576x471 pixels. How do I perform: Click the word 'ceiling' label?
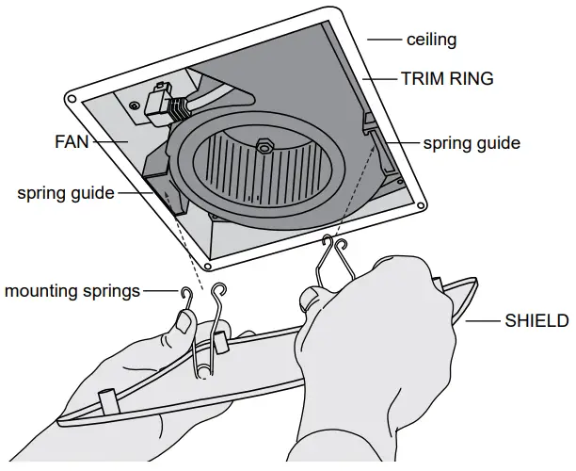[x=431, y=40]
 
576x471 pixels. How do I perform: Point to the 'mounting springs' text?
[x=71, y=290]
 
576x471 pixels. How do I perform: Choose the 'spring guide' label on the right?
[x=471, y=143]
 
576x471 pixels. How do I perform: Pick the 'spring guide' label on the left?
[x=65, y=193]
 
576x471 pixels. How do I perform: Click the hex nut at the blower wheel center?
[x=264, y=146]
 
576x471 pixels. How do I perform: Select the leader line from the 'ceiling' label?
[x=384, y=40]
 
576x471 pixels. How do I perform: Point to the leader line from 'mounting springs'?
[x=158, y=290]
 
